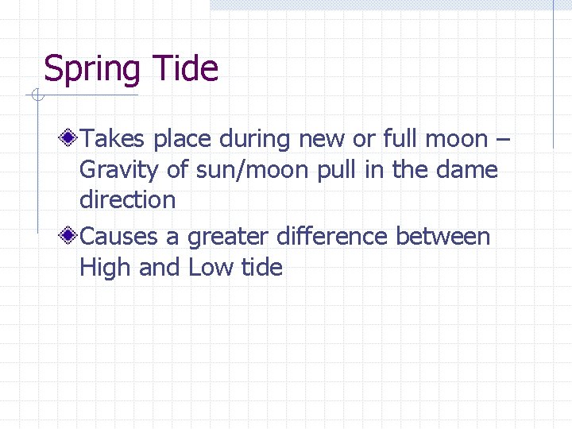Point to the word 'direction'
click(x=127, y=199)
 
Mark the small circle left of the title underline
click(x=36, y=96)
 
